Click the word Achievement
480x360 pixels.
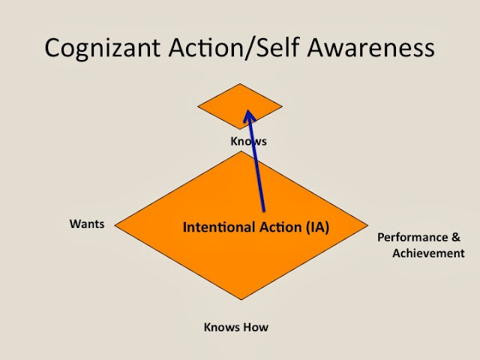click(428, 253)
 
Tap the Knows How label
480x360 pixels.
click(236, 327)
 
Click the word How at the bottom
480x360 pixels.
click(256, 327)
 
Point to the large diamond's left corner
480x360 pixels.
click(115, 224)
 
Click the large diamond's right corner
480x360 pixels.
click(367, 224)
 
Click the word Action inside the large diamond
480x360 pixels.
click(274, 225)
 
